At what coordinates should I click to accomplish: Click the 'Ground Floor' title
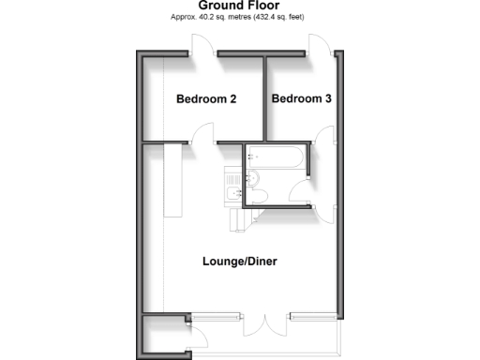click(x=241, y=6)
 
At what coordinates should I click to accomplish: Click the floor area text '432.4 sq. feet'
click(x=277, y=18)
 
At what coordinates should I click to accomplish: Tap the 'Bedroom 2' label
click(x=206, y=98)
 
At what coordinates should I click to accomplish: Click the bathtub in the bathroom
click(x=277, y=159)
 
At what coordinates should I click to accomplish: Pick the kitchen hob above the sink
click(x=232, y=173)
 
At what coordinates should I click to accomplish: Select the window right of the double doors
click(x=310, y=314)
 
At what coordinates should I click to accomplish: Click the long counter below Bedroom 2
click(x=173, y=178)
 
